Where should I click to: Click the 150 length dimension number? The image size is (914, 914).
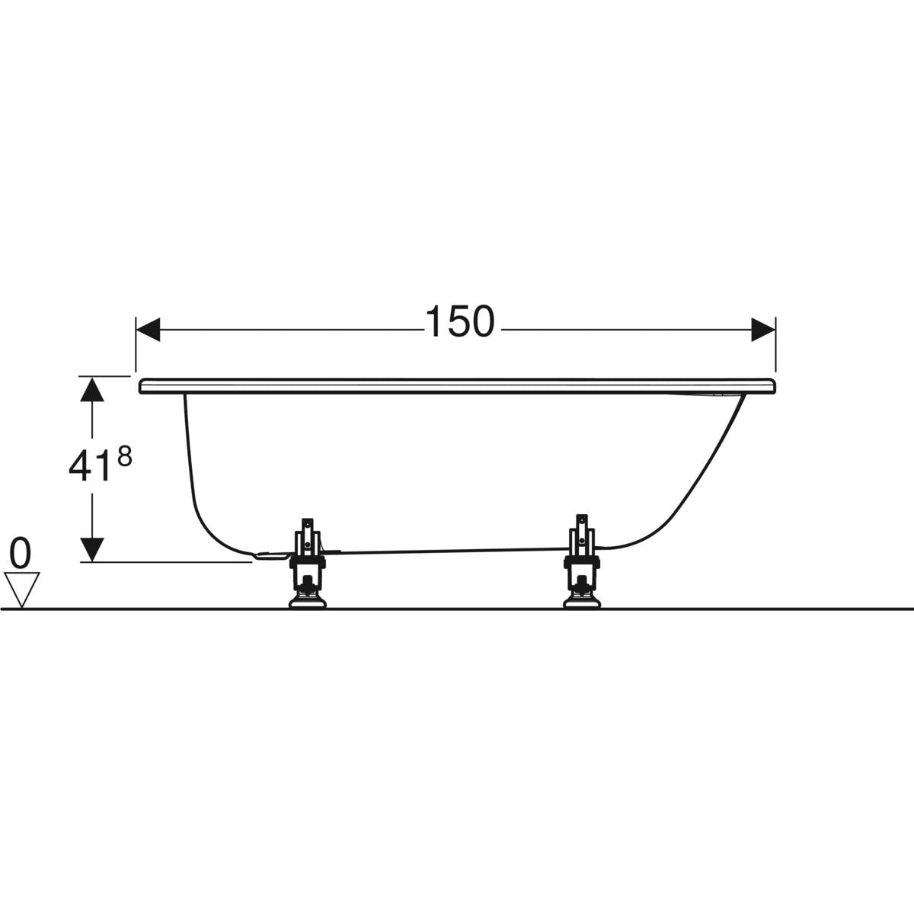pyautogui.click(x=460, y=321)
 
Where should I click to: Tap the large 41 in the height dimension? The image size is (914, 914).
pyautogui.click(x=87, y=466)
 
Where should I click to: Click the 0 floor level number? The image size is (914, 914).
pyautogui.click(x=21, y=554)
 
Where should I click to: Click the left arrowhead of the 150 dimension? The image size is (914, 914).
pyautogui.click(x=148, y=329)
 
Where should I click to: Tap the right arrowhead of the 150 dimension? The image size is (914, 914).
pyautogui.click(x=763, y=329)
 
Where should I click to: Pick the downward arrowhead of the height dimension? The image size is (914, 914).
pyautogui.click(x=92, y=549)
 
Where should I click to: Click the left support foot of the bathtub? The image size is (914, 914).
pyautogui.click(x=308, y=562)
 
